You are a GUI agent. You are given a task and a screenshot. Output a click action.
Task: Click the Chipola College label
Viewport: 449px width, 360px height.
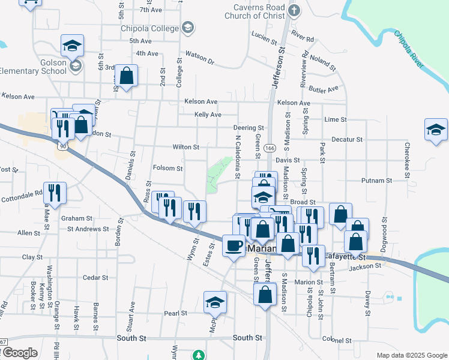tap(149, 28)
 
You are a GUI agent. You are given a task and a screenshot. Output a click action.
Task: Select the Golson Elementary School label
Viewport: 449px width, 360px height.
tap(33, 66)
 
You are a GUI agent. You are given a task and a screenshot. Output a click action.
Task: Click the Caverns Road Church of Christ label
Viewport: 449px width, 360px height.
tap(255, 12)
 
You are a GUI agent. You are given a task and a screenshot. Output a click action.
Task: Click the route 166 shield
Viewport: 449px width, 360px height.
tap(269, 147)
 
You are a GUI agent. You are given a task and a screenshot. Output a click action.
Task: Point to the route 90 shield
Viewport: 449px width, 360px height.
tap(63, 145)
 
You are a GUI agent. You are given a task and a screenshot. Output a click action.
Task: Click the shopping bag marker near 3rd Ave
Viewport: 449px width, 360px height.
tap(126, 76)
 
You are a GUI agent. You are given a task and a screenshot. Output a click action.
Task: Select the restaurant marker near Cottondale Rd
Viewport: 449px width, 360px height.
tap(55, 193)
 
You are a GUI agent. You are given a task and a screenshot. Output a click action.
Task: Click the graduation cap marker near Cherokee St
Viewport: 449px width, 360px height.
tap(436, 130)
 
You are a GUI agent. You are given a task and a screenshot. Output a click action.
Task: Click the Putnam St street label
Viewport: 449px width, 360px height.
tap(376, 180)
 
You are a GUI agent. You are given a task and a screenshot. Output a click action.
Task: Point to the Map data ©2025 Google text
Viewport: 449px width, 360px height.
tap(411, 355)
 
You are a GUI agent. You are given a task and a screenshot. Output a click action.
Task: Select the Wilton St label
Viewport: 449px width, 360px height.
tap(185, 147)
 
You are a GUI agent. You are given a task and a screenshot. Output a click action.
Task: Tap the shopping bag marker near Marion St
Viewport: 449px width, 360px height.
tap(265, 295)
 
